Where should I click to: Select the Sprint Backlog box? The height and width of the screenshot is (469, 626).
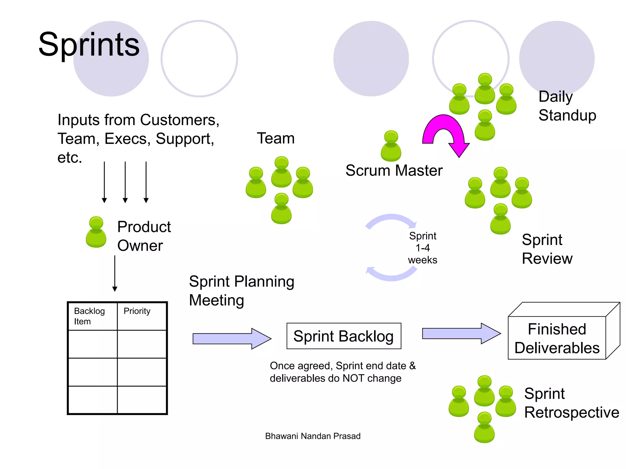click(x=344, y=336)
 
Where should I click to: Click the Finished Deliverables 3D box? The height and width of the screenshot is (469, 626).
click(x=557, y=338)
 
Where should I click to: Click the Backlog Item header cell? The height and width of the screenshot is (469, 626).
click(x=93, y=316)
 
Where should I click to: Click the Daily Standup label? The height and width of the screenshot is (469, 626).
click(x=567, y=106)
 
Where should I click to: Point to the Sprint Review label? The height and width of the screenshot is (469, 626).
click(x=547, y=249)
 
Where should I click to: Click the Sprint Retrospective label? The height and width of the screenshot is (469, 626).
click(x=571, y=403)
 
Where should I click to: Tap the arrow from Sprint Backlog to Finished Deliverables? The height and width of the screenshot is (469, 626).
click(x=461, y=333)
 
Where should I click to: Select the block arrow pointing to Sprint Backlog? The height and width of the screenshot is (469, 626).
click(x=231, y=339)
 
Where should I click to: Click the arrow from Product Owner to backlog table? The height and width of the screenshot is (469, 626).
click(x=115, y=273)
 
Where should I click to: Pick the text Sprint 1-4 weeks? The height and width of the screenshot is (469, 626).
click(x=423, y=248)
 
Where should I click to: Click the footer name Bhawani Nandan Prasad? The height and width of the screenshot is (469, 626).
click(x=313, y=436)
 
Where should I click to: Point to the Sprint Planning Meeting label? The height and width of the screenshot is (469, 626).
click(x=241, y=290)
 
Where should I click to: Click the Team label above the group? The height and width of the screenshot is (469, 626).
click(x=276, y=138)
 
